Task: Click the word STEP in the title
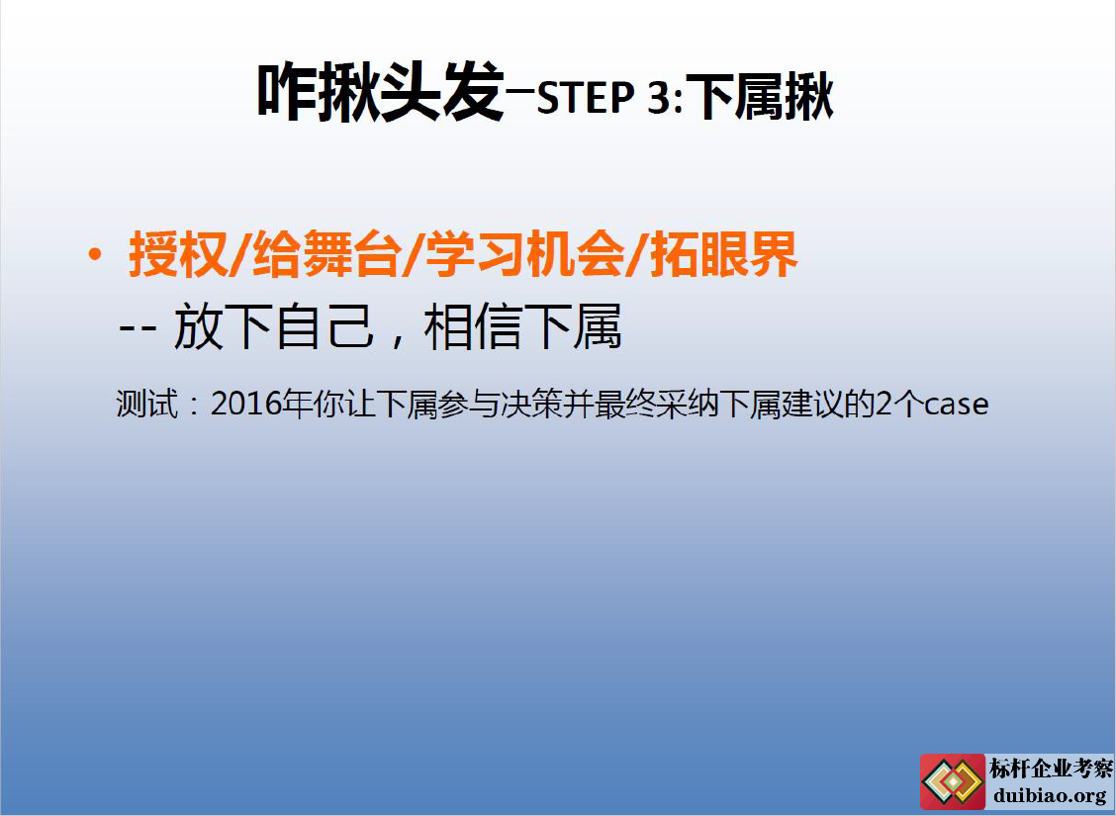tap(585, 98)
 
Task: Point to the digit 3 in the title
tap(658, 98)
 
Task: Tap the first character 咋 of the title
tap(285, 93)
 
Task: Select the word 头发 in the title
tap(441, 93)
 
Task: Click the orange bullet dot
tap(94, 254)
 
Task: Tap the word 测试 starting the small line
tap(146, 405)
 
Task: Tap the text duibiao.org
tap(1050, 795)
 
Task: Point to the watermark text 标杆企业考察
tap(1051, 769)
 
